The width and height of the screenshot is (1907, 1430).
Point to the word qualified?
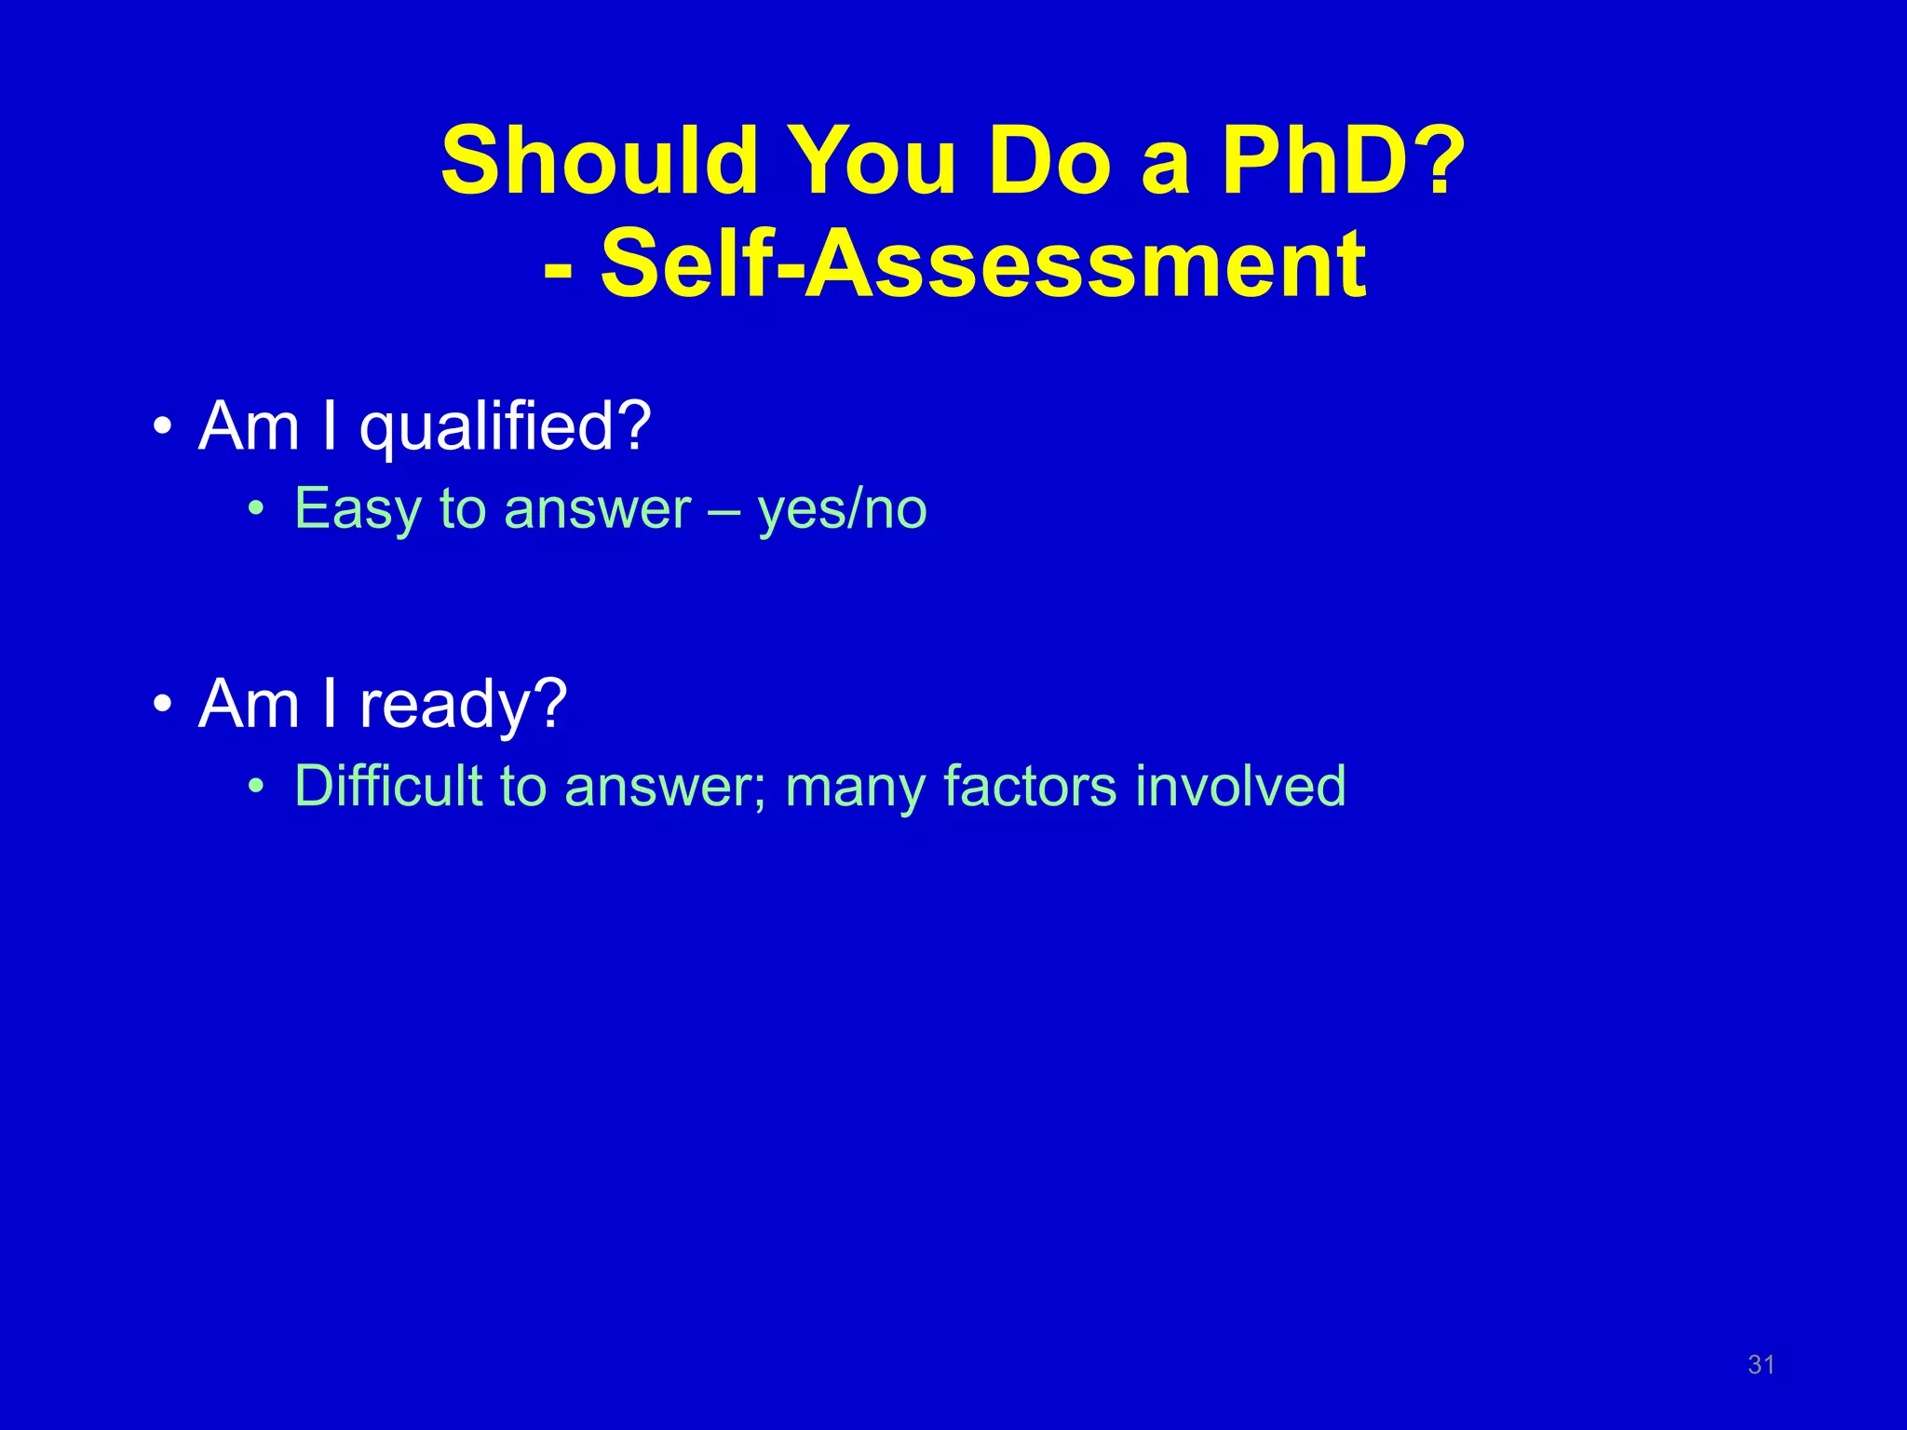[x=506, y=427]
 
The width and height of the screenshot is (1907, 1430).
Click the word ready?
[x=463, y=704]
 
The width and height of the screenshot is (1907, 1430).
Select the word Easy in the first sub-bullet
[x=358, y=510]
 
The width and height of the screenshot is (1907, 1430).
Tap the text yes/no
[x=842, y=510]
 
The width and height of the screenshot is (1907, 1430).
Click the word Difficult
[x=387, y=786]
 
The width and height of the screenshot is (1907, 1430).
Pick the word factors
[x=1029, y=786]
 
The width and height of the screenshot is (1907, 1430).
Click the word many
[x=856, y=788]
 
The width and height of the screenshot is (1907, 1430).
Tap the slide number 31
[x=1761, y=1365]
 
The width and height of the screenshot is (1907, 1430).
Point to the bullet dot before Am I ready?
[x=163, y=706]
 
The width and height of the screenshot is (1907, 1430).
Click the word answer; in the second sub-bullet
[x=665, y=788]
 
